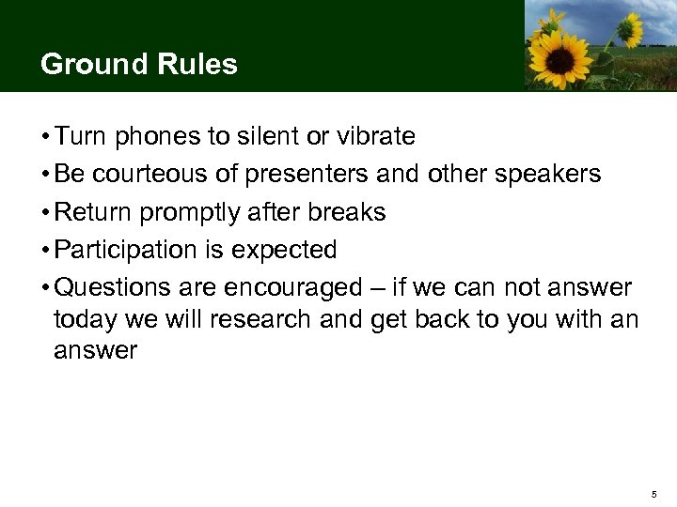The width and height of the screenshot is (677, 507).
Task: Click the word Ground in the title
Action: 88,64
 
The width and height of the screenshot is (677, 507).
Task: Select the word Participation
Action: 120,250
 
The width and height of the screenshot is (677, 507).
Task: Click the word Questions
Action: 107,287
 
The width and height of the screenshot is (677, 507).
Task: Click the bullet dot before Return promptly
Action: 45,213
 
